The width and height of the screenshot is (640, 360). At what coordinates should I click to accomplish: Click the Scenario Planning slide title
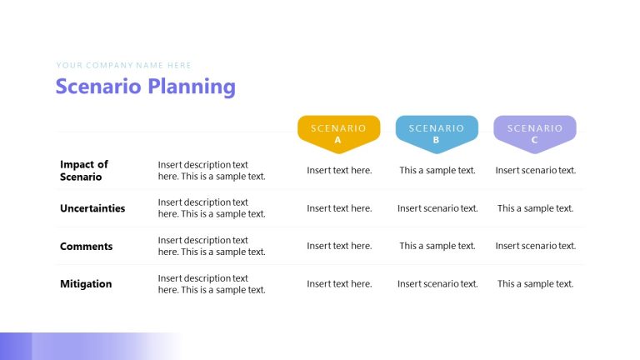point(145,87)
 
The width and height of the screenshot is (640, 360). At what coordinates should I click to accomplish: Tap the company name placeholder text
point(124,65)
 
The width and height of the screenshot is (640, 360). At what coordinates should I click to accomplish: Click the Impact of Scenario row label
point(84,171)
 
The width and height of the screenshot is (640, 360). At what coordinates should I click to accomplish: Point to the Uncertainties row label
point(92,208)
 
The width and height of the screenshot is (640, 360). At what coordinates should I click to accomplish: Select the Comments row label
point(86,247)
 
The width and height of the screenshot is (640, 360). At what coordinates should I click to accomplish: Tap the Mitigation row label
point(86,284)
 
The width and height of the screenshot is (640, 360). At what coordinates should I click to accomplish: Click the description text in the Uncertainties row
point(212,208)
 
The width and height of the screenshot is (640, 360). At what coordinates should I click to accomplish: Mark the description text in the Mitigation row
point(212,284)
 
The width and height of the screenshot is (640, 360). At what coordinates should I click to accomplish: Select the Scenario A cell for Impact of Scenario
point(339,171)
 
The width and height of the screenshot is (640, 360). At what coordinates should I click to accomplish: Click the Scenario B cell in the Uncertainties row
point(437,208)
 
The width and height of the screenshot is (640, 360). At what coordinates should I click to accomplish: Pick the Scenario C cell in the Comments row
point(536,246)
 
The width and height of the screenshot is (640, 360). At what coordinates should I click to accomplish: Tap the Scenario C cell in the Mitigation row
point(536,284)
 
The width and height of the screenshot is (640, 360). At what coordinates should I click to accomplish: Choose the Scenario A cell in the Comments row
point(339,246)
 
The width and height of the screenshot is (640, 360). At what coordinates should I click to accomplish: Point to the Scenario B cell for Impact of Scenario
point(437,171)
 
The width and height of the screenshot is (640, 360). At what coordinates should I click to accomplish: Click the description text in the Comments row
point(212,246)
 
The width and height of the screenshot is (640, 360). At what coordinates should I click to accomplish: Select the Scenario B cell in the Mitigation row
point(437,284)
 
